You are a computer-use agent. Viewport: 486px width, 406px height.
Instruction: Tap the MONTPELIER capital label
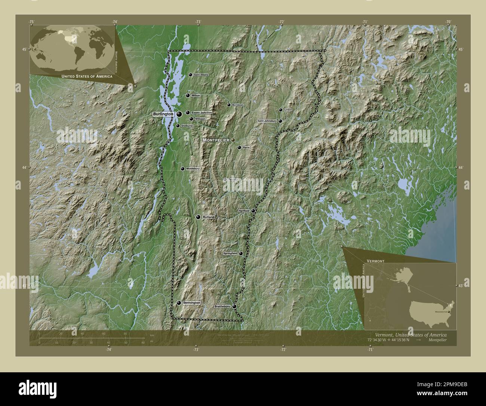pyautogui.click(x=216, y=140)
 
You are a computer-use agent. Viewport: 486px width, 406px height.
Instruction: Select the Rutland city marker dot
pyautogui.click(x=198, y=217)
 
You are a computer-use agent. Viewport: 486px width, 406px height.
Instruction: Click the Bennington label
pyautogui.click(x=192, y=303)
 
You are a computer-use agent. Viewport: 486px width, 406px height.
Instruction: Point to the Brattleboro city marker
pyautogui.click(x=234, y=306)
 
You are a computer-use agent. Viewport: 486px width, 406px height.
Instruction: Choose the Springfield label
pyautogui.click(x=230, y=254)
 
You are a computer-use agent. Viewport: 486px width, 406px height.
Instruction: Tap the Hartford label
pyautogui.click(x=244, y=211)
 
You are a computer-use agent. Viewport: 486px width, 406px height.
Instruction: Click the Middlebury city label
pyautogui.click(x=193, y=169)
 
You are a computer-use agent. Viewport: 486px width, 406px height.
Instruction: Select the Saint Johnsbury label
pyautogui.click(x=267, y=121)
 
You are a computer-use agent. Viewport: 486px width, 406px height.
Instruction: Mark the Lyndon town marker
pyautogui.click(x=280, y=110)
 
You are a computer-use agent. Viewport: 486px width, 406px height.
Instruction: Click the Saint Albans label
pyautogui.click(x=201, y=75)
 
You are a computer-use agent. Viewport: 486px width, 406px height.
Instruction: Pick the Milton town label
pyautogui.click(x=196, y=96)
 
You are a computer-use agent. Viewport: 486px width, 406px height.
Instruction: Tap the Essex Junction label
pyautogui.click(x=202, y=112)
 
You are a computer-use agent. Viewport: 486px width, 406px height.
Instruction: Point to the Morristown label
pyautogui.click(x=238, y=105)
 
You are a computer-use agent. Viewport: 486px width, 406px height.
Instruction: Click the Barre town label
pyautogui.click(x=246, y=148)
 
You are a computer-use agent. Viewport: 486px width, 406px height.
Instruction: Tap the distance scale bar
pyautogui.click(x=92, y=338)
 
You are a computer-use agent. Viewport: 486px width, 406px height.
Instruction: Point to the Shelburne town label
pyautogui.click(x=187, y=126)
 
